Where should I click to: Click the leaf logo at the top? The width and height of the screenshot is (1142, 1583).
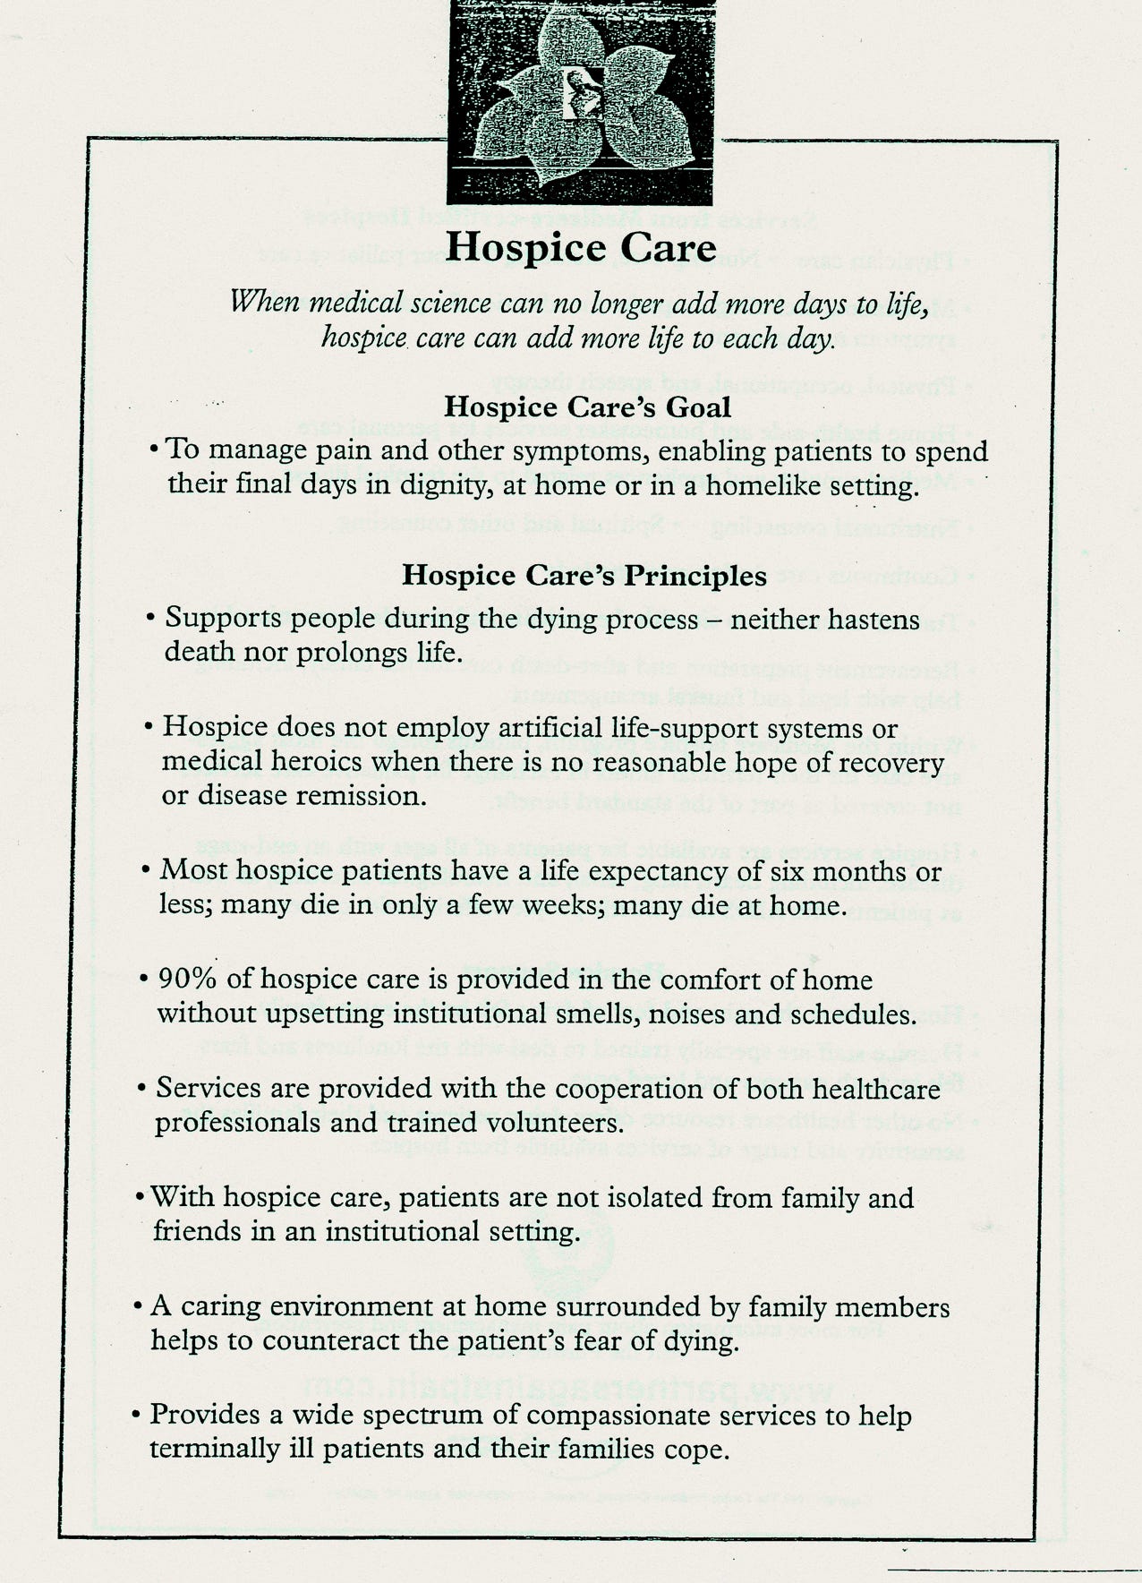(x=580, y=100)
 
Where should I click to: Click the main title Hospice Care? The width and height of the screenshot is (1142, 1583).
(x=581, y=247)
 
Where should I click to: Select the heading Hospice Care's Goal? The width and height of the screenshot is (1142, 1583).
(x=587, y=406)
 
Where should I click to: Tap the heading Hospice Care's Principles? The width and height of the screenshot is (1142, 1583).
(x=584, y=575)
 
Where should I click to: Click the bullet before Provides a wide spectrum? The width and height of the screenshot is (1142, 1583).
(x=136, y=1416)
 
